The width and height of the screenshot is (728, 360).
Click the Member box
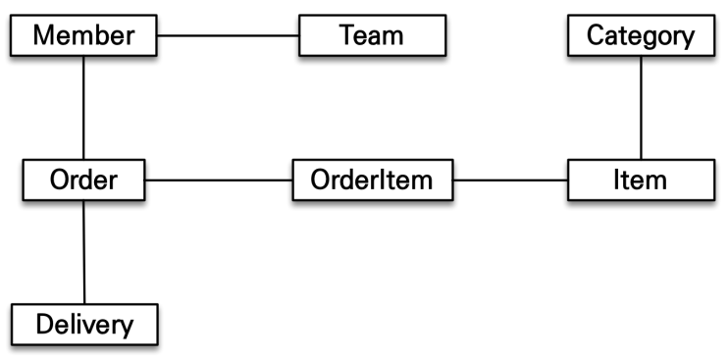[x=83, y=35]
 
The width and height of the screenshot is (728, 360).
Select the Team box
[x=373, y=35]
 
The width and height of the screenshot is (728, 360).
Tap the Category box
[x=642, y=35]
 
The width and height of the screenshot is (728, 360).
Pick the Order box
[x=83, y=180]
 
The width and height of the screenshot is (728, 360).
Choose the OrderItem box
[x=373, y=180]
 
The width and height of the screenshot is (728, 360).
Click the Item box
[x=642, y=180]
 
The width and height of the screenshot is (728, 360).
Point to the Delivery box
[x=84, y=325]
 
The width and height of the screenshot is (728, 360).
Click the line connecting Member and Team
[x=228, y=35]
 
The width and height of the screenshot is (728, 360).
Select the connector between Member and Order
[x=83, y=108]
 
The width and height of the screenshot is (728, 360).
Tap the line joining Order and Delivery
[x=84, y=252]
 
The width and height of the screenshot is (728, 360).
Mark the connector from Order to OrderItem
[x=219, y=180]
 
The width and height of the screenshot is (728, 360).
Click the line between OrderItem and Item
[x=510, y=180]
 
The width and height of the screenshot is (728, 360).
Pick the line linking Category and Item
[x=642, y=108]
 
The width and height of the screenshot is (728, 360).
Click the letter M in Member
[x=44, y=35]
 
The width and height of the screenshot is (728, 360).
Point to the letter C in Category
[x=597, y=35]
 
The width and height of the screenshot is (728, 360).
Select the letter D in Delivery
[x=44, y=325]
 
